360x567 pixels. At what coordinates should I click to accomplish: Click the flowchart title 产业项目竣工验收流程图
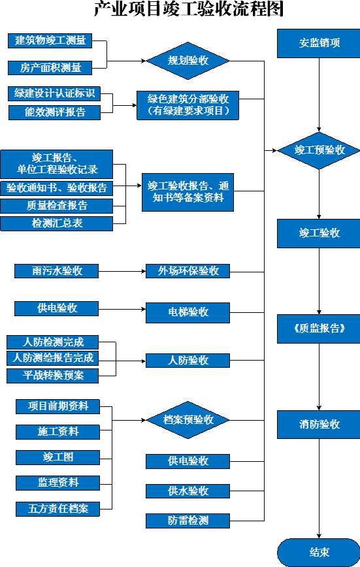pos(189,8)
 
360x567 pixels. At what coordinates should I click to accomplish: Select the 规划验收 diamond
pos(188,60)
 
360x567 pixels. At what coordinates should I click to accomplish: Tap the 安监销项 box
pos(319,43)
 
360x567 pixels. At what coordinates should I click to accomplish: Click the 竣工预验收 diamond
pos(319,150)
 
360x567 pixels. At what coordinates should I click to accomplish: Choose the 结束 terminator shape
pos(319,552)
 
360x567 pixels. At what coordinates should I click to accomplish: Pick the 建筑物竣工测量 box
pos(50,40)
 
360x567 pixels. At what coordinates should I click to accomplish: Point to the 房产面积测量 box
pos(50,68)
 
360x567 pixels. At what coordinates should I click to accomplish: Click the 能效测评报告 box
pos(55,112)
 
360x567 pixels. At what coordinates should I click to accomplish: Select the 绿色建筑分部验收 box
pos(188,105)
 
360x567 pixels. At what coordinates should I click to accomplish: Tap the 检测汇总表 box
pos(56,223)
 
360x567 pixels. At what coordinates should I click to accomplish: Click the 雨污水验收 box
pos(56,271)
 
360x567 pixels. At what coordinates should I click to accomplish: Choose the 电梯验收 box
pos(188,312)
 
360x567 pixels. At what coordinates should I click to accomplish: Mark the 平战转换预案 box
pos(52,376)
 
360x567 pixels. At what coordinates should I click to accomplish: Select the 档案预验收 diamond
pos(188,420)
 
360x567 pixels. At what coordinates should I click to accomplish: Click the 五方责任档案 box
pos(58,509)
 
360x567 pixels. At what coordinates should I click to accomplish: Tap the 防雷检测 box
pos(188,521)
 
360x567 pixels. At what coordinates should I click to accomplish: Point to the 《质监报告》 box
pos(319,329)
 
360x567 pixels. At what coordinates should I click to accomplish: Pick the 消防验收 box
pos(319,425)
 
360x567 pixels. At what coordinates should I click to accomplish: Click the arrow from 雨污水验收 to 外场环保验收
pos(122,271)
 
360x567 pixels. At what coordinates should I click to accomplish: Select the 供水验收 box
pos(188,491)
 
